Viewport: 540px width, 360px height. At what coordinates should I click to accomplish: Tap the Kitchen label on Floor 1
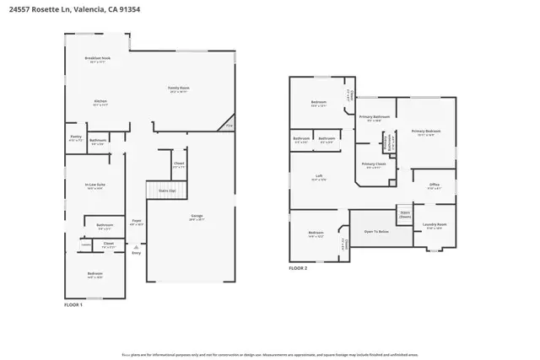100,103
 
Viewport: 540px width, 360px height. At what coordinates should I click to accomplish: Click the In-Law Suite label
94,186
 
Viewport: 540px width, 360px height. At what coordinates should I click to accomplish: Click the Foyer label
135,223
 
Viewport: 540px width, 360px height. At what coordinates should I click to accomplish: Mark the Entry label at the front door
136,253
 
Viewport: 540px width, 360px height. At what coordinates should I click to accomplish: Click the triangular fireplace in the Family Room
227,124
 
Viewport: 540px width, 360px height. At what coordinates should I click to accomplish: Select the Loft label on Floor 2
317,178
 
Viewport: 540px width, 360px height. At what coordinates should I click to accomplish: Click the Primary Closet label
373,164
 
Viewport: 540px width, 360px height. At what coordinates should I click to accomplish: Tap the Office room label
434,187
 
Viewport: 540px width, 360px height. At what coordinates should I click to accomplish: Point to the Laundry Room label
435,225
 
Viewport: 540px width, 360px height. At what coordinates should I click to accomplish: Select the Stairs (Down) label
405,214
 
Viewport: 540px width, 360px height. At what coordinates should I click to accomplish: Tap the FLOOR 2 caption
298,267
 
